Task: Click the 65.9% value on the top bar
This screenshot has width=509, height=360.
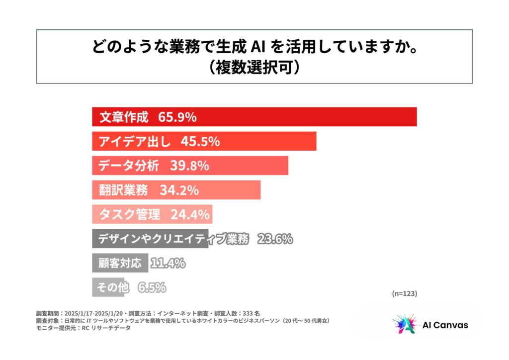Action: (177, 117)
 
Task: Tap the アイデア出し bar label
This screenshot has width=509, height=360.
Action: (135, 141)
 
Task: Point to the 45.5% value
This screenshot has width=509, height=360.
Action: (200, 141)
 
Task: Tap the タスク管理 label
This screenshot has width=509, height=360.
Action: (129, 214)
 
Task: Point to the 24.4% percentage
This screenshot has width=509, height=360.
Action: (190, 214)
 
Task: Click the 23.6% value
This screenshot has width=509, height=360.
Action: (275, 239)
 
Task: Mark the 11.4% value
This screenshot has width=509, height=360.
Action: (168, 263)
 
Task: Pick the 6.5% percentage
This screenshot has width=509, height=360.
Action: (152, 287)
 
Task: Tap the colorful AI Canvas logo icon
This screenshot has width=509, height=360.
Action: (403, 325)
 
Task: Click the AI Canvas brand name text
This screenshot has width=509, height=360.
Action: (445, 325)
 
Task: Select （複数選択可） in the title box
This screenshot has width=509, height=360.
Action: (254, 67)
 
